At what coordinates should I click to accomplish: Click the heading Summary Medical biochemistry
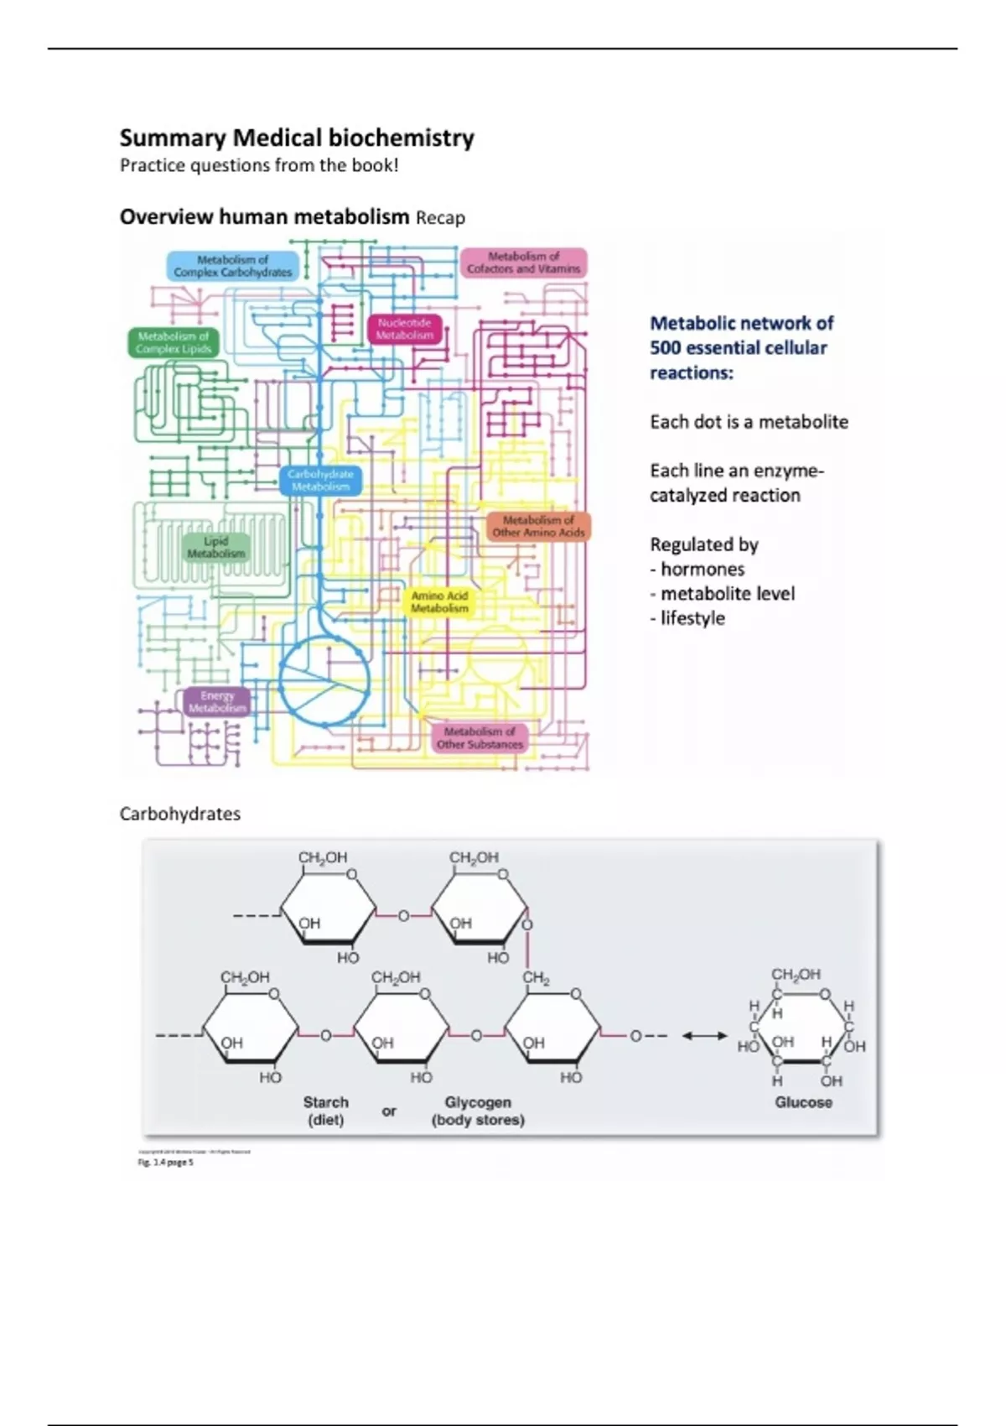click(x=297, y=138)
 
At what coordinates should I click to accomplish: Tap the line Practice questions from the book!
click(x=259, y=165)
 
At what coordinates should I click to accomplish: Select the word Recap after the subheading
click(x=440, y=218)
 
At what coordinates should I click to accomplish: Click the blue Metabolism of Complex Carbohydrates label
click(x=233, y=266)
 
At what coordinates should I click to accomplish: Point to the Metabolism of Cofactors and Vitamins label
click(x=524, y=263)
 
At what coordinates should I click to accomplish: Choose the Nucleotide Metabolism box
click(x=404, y=329)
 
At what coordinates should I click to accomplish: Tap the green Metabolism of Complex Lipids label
click(x=174, y=342)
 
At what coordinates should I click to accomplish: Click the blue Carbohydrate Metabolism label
click(x=320, y=480)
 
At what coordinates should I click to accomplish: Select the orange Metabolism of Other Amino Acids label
click(x=538, y=526)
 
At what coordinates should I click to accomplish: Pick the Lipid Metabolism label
click(x=216, y=547)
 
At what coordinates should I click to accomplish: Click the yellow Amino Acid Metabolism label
click(x=439, y=601)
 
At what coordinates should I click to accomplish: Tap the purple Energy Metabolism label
click(x=217, y=701)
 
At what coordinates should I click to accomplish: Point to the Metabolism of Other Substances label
click(x=480, y=737)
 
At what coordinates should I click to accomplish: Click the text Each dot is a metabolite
click(x=749, y=422)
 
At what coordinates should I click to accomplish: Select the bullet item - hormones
click(x=697, y=570)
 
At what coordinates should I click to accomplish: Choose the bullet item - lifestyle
click(x=687, y=618)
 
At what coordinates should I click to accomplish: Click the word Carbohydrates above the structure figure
click(x=180, y=814)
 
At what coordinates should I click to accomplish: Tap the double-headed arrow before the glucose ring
click(x=704, y=1036)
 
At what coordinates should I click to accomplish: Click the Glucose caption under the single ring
click(x=803, y=1102)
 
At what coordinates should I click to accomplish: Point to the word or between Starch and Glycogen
click(x=389, y=1111)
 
